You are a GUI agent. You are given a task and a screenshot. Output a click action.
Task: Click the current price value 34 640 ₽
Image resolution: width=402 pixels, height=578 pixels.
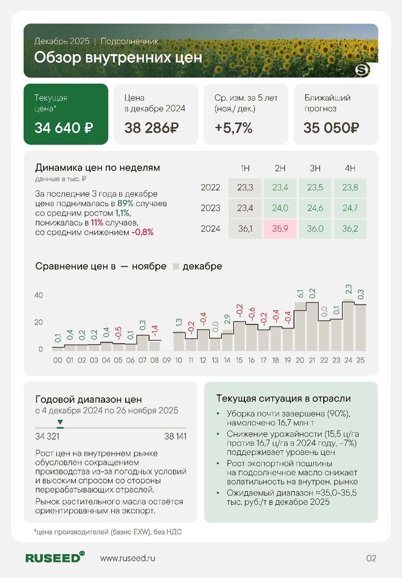click(x=64, y=128)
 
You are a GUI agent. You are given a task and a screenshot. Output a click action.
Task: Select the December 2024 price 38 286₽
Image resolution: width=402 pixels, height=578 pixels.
click(x=152, y=128)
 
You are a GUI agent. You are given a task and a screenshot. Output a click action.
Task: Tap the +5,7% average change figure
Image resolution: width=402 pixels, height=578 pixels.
click(x=233, y=128)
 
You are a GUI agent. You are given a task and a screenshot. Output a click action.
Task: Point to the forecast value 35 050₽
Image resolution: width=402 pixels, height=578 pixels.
click(x=331, y=128)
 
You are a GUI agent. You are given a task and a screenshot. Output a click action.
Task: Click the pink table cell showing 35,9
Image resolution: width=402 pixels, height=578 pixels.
click(x=280, y=228)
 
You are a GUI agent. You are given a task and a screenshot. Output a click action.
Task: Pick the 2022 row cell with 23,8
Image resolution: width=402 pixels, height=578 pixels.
click(x=350, y=188)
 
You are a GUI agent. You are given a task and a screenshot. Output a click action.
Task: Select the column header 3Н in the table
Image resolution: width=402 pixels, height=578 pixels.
click(x=315, y=168)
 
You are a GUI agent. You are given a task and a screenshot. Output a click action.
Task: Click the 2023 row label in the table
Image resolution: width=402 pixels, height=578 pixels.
click(x=210, y=208)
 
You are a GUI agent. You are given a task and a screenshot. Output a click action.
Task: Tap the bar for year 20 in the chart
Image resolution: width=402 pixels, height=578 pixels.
click(x=300, y=329)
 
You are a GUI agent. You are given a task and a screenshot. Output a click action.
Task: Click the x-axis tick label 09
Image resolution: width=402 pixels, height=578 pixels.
click(x=167, y=361)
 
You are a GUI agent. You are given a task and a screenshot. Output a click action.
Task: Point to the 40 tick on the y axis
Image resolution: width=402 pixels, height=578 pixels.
click(x=39, y=295)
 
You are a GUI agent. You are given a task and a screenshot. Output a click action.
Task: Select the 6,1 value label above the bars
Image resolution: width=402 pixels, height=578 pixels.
click(x=300, y=294)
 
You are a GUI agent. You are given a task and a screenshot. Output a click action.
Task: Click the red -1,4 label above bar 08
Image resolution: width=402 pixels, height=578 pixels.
click(x=155, y=331)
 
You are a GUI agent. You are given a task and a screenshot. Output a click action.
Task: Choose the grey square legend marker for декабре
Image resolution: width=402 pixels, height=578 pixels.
click(x=175, y=266)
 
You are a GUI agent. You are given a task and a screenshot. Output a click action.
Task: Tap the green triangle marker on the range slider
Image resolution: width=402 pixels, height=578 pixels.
click(x=60, y=423)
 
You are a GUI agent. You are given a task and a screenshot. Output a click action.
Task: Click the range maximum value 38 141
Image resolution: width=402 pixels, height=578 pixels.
click(x=175, y=436)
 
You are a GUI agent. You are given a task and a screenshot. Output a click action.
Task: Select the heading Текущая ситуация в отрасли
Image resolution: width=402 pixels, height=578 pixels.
click(x=283, y=398)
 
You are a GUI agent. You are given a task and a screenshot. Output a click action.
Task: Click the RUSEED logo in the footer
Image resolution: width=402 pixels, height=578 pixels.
click(x=55, y=558)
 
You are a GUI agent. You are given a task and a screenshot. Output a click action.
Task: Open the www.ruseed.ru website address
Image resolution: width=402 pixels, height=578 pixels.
click(x=128, y=558)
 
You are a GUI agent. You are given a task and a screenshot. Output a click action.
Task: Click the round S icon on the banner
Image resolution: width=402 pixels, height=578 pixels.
click(x=362, y=70)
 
